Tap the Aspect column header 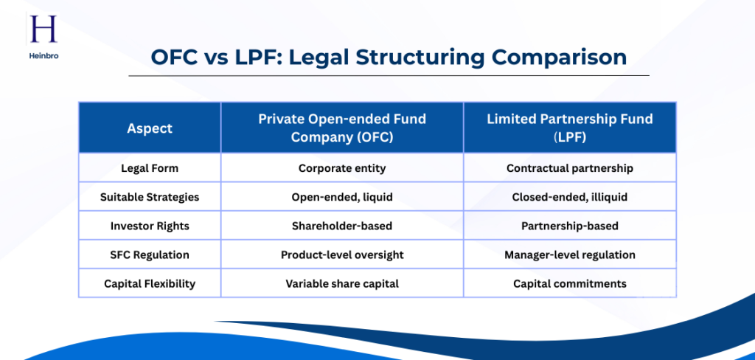point(150,128)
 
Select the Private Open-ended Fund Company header point(342,128)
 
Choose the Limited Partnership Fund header point(569,128)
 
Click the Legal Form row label point(150,168)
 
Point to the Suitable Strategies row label point(150,197)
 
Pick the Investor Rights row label point(150,226)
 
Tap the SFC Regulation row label point(150,255)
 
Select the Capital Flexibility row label point(150,283)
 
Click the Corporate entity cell point(342,168)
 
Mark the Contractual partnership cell point(569,168)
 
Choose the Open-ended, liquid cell point(342,197)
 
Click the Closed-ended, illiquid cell point(569,197)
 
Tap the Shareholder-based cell point(342,226)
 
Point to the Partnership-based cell point(569,226)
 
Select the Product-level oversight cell point(342,255)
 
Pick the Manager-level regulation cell point(569,255)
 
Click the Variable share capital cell point(342,283)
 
